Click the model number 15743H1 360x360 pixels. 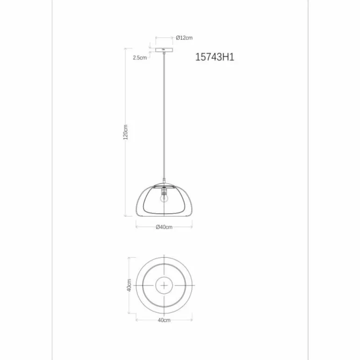pyautogui.click(x=214, y=58)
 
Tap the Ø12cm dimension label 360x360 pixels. pyautogui.click(x=185, y=38)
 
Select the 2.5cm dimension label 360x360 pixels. pyautogui.click(x=140, y=58)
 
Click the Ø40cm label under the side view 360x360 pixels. pyautogui.click(x=164, y=227)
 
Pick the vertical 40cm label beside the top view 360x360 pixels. pyautogui.click(x=129, y=285)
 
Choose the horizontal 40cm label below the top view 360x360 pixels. pyautogui.click(x=164, y=320)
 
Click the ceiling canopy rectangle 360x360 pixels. pyautogui.click(x=164, y=50)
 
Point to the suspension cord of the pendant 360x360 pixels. pyautogui.click(x=164, y=117)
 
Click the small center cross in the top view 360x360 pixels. pyautogui.click(x=164, y=285)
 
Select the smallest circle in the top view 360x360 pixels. pyautogui.click(x=164, y=285)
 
